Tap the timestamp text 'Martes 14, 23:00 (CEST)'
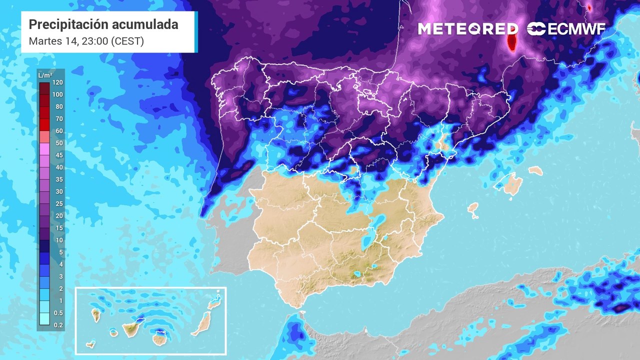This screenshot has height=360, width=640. [86, 41]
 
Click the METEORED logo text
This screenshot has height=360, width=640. [468, 29]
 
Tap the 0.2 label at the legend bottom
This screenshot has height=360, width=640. [58, 325]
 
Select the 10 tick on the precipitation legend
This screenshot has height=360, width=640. [58, 240]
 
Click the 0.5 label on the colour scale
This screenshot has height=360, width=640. [58, 313]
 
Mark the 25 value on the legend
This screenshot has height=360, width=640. [58, 204]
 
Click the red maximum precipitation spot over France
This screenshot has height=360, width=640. [511, 39]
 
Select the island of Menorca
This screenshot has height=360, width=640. [535, 171]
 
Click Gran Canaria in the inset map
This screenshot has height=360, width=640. [160, 339]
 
